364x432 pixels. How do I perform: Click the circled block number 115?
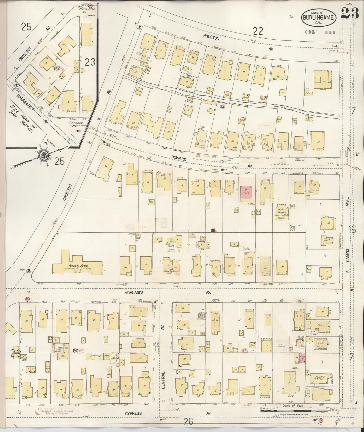pyautogui.click(x=222, y=106)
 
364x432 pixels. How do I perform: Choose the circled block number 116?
pyautogui.click(x=213, y=230)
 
